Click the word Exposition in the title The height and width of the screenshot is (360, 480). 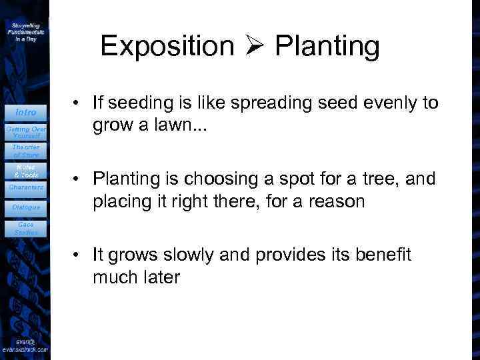point(167,46)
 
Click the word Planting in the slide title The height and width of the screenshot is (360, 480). point(327,47)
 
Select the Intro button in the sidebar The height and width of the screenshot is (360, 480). point(26,112)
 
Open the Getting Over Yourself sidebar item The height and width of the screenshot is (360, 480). point(26,131)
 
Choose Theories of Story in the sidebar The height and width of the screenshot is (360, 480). point(26,151)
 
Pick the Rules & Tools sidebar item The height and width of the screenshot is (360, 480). point(26,171)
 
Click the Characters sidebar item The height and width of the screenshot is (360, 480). point(26,187)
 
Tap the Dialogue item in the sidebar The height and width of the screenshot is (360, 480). point(26,207)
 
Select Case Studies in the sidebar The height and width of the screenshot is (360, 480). point(26,229)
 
